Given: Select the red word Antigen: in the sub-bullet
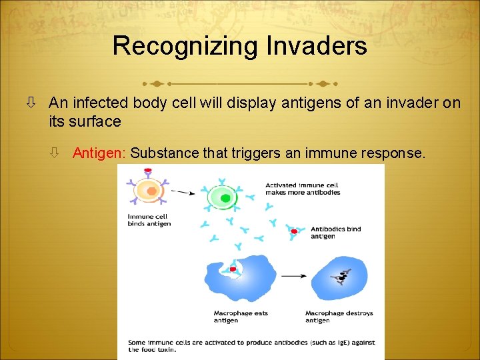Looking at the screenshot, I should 99,153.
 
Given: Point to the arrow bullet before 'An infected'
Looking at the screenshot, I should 31,103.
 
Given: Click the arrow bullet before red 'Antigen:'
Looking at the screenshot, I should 55,153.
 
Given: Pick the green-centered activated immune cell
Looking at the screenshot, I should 224,197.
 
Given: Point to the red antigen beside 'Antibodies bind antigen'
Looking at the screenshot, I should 293,232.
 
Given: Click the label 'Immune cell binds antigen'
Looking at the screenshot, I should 149,220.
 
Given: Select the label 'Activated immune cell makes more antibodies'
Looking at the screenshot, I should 302,189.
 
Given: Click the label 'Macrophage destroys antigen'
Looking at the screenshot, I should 339,316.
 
